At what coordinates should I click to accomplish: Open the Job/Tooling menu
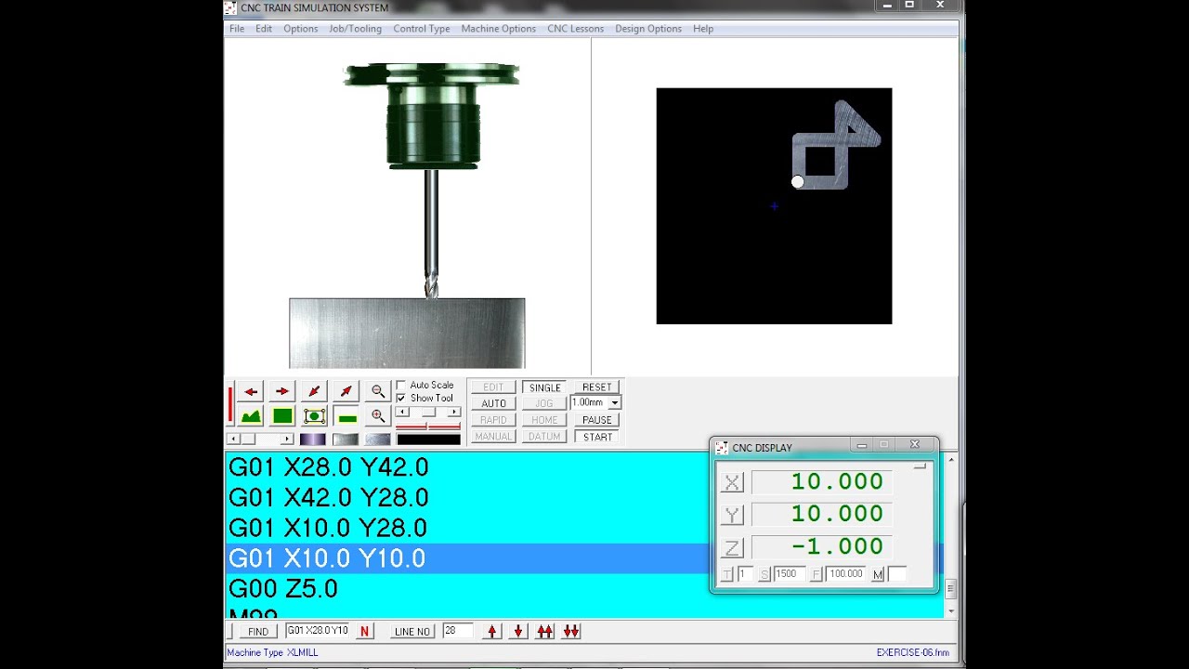(355, 29)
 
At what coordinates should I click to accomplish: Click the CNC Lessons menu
(575, 29)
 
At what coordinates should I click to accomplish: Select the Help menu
(703, 29)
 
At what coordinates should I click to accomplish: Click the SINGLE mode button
(544, 387)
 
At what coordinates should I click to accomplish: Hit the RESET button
(596, 387)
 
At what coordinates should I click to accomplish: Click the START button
(597, 437)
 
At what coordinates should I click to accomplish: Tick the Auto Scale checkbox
(401, 385)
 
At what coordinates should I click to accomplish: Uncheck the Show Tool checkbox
(401, 398)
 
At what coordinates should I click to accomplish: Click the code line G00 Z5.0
(283, 589)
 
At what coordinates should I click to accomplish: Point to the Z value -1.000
(836, 546)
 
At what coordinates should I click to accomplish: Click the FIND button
(257, 632)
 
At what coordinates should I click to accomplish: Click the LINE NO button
(412, 632)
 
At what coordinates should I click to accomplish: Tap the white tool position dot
(797, 182)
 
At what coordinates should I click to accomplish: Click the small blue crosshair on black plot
(774, 206)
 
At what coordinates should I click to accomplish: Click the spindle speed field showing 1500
(789, 574)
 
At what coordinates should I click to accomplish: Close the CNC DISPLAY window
(914, 445)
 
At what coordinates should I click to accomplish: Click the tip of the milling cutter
(431, 295)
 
